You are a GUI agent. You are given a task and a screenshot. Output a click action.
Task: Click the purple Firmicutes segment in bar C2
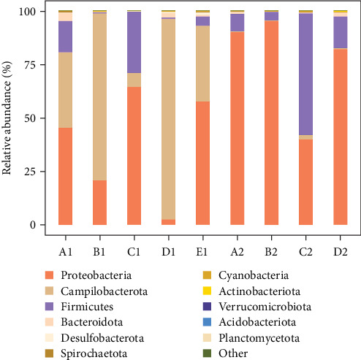tap(305, 74)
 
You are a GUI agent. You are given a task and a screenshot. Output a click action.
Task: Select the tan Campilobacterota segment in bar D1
tap(168, 119)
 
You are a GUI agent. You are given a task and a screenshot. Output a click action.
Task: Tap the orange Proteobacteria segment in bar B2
tap(271, 123)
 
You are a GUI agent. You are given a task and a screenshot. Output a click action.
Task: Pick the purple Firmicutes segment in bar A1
tap(65, 37)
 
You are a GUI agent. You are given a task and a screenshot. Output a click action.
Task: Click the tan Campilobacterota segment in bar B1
tap(99, 96)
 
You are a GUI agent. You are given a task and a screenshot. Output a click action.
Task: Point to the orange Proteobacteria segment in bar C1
tap(134, 156)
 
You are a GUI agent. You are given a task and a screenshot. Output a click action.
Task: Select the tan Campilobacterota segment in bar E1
tap(202, 64)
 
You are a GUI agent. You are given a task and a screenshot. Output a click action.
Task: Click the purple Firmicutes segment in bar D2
tap(341, 33)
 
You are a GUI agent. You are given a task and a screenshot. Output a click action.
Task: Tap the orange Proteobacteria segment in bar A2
tap(237, 129)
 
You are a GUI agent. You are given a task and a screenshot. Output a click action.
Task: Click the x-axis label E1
tap(202, 252)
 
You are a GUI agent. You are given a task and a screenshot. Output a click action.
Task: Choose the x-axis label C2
tap(305, 252)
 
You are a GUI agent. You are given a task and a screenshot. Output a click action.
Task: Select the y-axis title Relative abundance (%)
tap(7, 118)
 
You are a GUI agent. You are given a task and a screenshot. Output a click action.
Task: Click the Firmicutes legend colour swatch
tap(49, 307)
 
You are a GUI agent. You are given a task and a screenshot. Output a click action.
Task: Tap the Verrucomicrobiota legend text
tap(265, 307)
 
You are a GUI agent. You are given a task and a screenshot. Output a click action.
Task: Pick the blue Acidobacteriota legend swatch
tap(207, 322)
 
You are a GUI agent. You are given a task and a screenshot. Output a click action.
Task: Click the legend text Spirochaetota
tap(94, 353)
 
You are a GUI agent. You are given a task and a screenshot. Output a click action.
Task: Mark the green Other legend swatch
tap(207, 353)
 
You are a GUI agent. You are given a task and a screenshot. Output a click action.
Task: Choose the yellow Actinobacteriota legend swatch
tap(207, 291)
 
